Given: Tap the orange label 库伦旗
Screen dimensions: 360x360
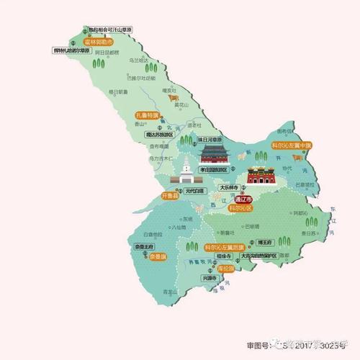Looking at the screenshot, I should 226,268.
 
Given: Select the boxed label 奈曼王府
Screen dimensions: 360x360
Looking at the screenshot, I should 145,246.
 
